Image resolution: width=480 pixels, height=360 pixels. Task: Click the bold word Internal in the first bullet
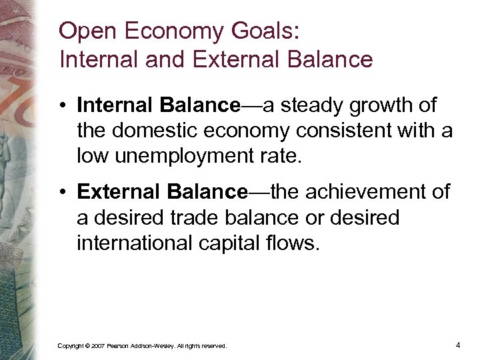click(x=115, y=105)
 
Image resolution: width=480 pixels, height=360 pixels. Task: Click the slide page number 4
click(x=458, y=345)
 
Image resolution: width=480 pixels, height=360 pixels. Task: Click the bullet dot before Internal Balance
click(x=63, y=105)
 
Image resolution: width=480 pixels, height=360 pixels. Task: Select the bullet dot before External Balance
click(x=63, y=193)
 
